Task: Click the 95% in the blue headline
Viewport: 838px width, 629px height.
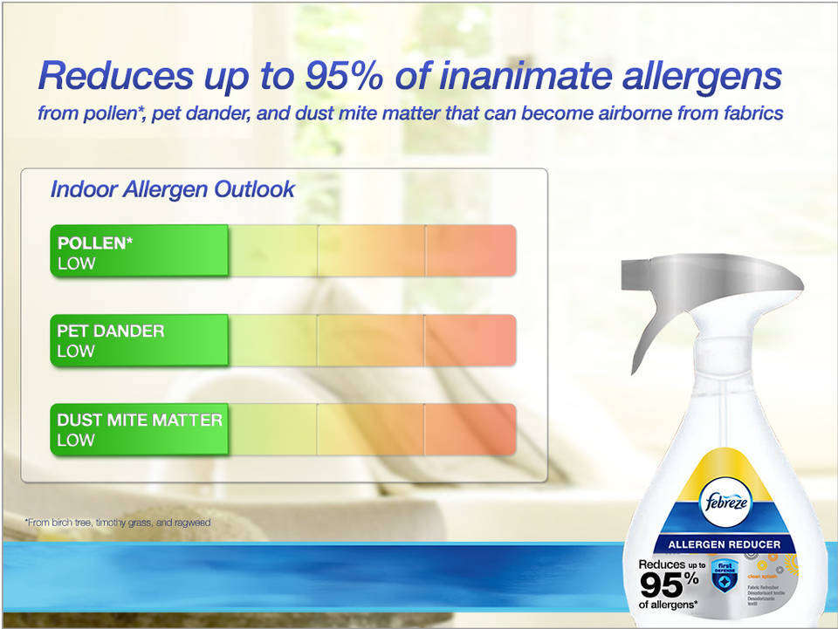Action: point(341,76)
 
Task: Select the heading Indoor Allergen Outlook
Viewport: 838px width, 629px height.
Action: point(172,189)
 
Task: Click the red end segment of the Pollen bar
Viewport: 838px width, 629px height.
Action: point(471,250)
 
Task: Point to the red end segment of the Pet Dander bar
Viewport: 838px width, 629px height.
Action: point(471,339)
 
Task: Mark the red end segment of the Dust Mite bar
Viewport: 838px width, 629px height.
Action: point(471,428)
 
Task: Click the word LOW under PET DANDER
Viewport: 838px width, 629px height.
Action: point(76,351)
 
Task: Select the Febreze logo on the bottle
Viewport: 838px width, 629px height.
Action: point(725,503)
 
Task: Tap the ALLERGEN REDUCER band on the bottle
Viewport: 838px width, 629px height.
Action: point(725,544)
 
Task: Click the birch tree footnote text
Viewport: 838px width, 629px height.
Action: point(118,522)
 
